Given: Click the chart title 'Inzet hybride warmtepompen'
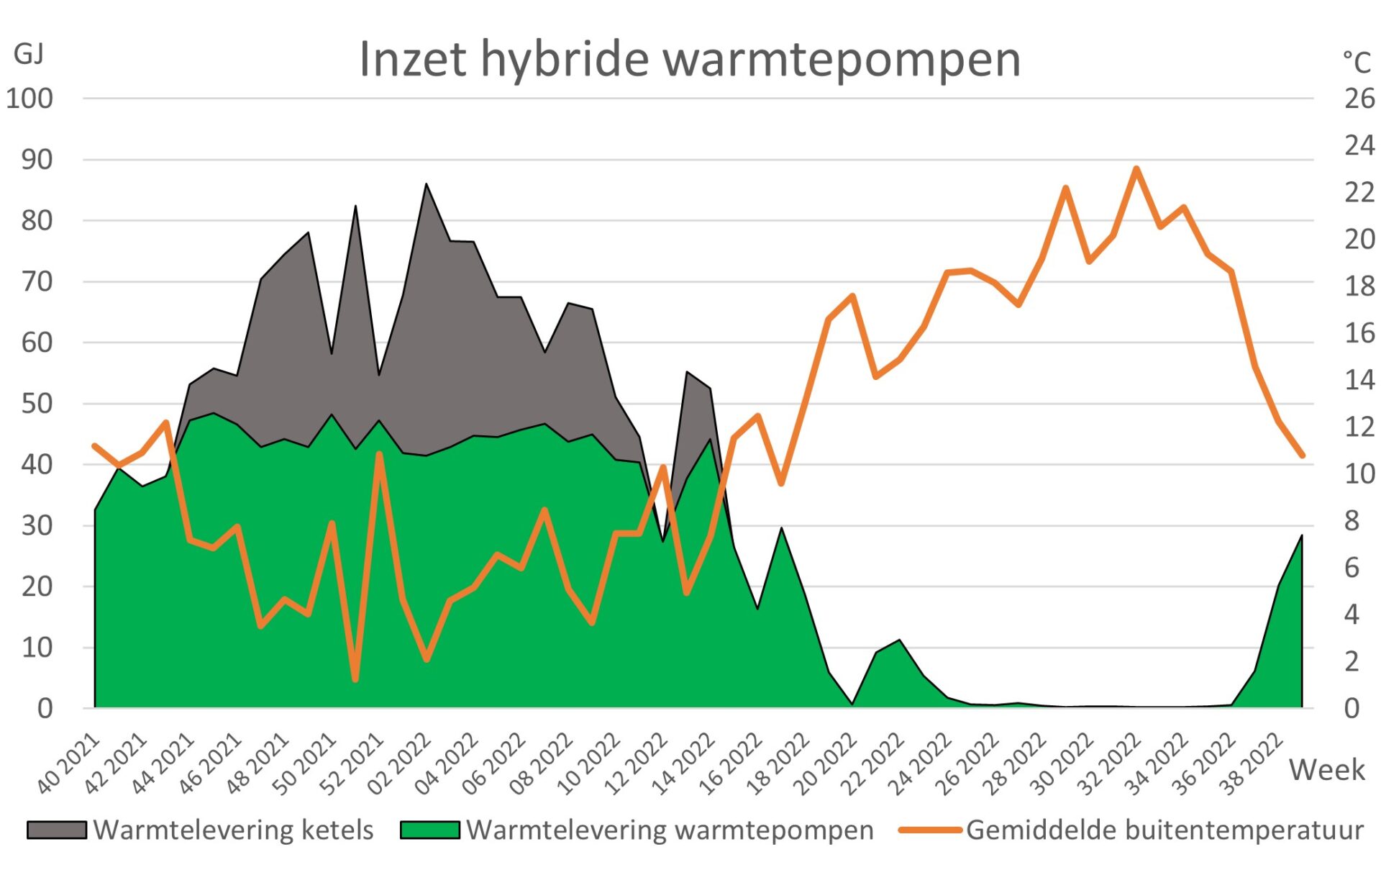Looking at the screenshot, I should (x=689, y=59).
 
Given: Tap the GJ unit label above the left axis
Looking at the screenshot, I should (x=29, y=54).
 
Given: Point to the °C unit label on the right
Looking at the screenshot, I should (x=1357, y=62).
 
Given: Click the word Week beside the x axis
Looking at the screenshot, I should (x=1326, y=769).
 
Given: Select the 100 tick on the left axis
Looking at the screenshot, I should (x=29, y=99).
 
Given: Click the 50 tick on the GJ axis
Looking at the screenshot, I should (x=37, y=404).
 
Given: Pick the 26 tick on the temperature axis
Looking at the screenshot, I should (x=1359, y=99).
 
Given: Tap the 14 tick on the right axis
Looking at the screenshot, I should (x=1359, y=379).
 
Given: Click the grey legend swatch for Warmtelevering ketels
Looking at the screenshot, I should (x=57, y=830).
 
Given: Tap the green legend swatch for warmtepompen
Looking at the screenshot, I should (x=430, y=830).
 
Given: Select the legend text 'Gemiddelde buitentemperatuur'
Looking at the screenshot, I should (x=1164, y=830).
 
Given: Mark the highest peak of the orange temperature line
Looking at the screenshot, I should (x=1136, y=169).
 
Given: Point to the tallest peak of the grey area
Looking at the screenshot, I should (x=427, y=184).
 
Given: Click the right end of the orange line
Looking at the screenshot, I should (x=1302, y=456).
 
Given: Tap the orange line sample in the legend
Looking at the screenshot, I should (x=931, y=830).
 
